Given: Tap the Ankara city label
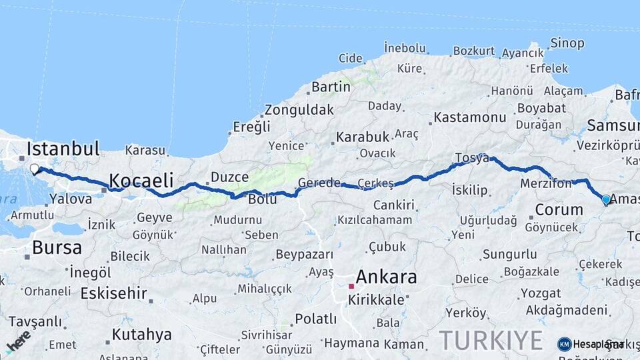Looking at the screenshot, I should pyautogui.click(x=386, y=277).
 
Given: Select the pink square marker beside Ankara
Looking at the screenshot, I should pyautogui.click(x=351, y=286).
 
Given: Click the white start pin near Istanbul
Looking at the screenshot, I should pyautogui.click(x=35, y=169).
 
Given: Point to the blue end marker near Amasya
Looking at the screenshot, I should pyautogui.click(x=605, y=199).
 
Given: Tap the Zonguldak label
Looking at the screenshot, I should pyautogui.click(x=299, y=110).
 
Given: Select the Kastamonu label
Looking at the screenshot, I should pyautogui.click(x=470, y=117).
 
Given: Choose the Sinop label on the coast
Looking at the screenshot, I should pyautogui.click(x=567, y=43).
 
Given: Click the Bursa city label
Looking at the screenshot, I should pyautogui.click(x=57, y=248).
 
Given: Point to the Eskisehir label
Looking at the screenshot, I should pyautogui.click(x=114, y=293).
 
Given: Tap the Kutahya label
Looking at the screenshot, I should pyautogui.click(x=141, y=334).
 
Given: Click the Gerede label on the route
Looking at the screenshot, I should pyautogui.click(x=319, y=183).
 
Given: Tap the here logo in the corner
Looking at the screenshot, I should pyautogui.click(x=18, y=342).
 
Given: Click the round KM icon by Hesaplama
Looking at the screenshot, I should pyautogui.click(x=564, y=344).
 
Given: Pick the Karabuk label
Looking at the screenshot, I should pyautogui.click(x=362, y=137).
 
